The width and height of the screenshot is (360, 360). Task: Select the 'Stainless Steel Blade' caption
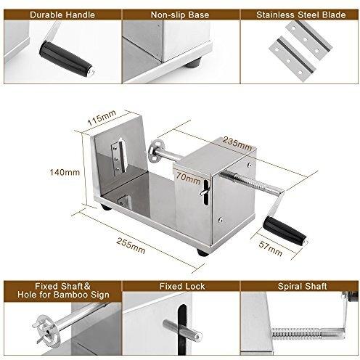(300, 13)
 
